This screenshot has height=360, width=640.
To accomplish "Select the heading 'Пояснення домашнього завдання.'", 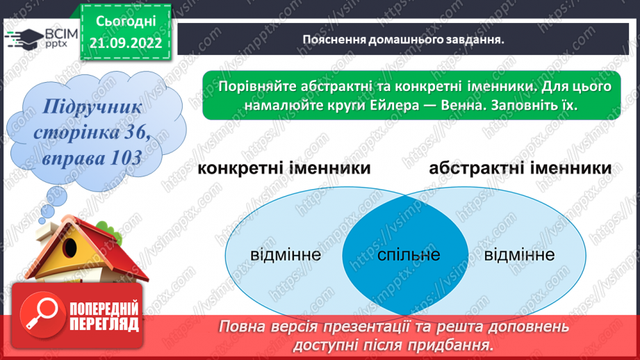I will point(403,39).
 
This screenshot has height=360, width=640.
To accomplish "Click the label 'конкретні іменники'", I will point(283,168).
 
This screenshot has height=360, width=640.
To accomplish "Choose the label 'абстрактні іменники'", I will point(520,168).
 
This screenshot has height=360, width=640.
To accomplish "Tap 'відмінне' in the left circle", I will point(286,254).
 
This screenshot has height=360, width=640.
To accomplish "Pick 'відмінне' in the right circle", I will point(520,254).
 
